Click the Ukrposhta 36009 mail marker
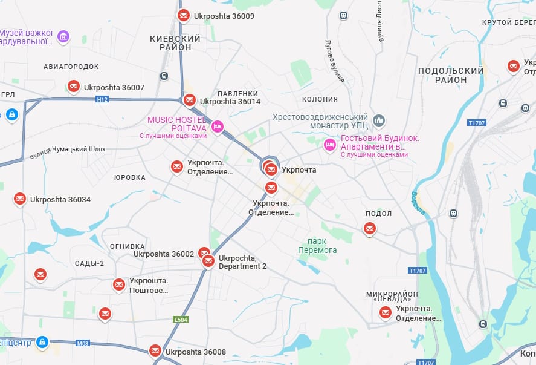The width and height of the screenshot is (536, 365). tap(184, 16)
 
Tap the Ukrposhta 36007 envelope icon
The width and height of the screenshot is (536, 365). tap(74, 87)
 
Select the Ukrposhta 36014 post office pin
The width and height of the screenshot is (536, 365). tap(190, 100)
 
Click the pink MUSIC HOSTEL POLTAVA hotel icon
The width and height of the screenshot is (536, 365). tap(218, 127)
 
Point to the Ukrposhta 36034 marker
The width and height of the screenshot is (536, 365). tap(20, 199)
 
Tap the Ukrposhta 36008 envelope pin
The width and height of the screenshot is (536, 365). tap(155, 351)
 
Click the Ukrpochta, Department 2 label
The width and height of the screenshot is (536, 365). tap(242, 262)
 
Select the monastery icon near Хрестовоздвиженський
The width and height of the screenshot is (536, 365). tap(379, 121)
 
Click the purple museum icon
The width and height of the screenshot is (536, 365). tap(63, 37)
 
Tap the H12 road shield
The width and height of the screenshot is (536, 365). tap(102, 99)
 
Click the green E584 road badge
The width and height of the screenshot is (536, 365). tap(181, 319)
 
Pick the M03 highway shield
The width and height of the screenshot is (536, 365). tap(83, 343)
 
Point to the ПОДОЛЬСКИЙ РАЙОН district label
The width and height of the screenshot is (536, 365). tap(451, 75)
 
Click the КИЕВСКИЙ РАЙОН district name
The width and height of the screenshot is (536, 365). tap(175, 42)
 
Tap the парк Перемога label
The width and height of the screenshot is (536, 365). tap(317, 245)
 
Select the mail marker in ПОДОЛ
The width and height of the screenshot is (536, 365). tap(369, 229)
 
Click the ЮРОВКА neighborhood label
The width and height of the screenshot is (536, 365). tap(130, 177)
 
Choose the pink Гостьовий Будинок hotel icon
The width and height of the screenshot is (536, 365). tap(330, 144)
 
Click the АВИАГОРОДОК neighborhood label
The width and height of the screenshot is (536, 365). tap(71, 66)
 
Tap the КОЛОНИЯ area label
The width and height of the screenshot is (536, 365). tap(320, 99)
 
